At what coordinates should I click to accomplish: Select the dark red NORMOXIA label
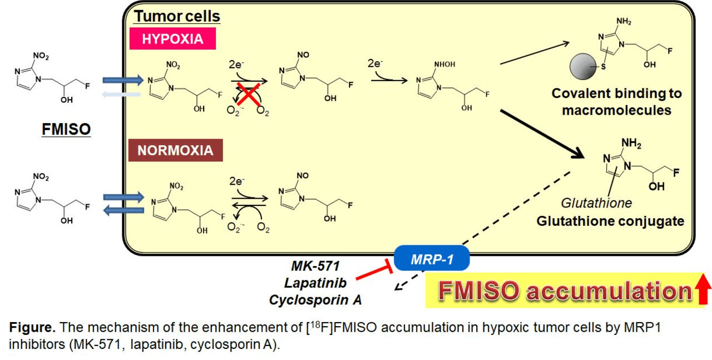coord(176,150)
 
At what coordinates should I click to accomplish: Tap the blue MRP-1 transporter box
coord(432,259)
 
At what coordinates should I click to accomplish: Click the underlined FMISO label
coord(66,130)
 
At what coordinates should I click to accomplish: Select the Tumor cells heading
coord(177,17)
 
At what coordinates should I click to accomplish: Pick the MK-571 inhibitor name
coord(315,266)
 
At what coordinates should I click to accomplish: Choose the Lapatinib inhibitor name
coord(315,283)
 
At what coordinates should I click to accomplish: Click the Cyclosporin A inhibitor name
coord(315,300)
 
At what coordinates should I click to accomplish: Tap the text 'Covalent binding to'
coord(616,93)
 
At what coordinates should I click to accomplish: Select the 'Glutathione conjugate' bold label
coord(610,221)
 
